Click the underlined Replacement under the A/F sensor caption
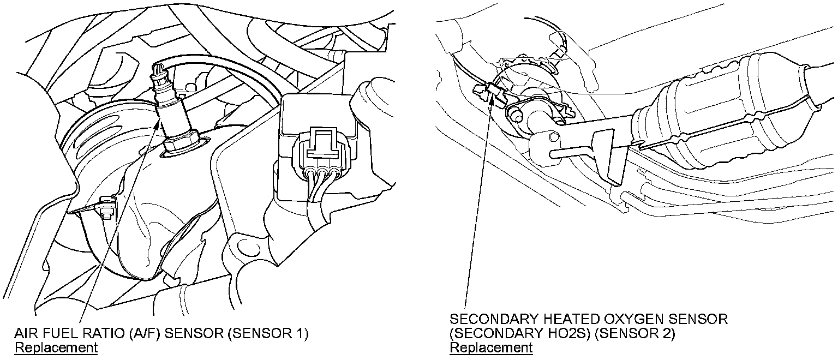tap(56, 347)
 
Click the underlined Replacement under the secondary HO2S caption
tap(490, 347)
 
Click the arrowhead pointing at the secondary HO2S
tap(496, 98)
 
